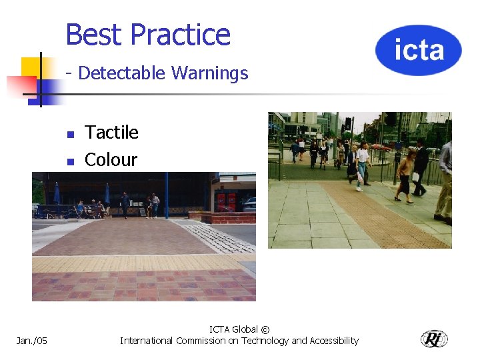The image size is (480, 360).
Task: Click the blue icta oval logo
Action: pos(418,50)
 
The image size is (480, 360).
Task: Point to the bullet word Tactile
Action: pos(112,133)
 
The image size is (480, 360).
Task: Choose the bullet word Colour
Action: pos(111,160)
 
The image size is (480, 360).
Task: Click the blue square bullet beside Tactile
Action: pos(70,134)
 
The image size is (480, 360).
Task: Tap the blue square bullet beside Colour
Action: pos(70,161)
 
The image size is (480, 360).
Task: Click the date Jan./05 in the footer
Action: pos(32,341)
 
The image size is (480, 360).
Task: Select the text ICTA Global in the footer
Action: pos(233,329)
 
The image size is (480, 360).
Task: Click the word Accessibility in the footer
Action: pos(333,341)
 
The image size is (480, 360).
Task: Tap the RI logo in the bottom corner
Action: pos(434,339)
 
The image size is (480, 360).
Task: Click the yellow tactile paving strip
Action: pos(143,262)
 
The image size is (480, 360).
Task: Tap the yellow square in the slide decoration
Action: pos(31,67)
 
